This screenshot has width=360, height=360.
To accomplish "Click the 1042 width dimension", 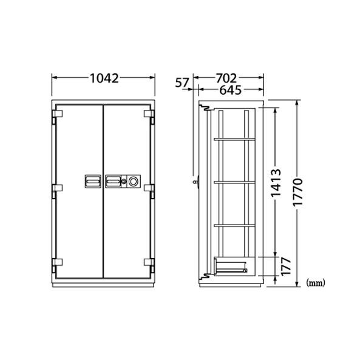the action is pyautogui.click(x=104, y=78).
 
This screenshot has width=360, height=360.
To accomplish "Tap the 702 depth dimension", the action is pyautogui.click(x=226, y=78).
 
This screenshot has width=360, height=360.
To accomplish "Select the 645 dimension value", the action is pyautogui.click(x=231, y=90).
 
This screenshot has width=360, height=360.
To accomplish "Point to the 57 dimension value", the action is pyautogui.click(x=182, y=83).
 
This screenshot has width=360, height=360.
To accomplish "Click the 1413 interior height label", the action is pyautogui.click(x=276, y=183).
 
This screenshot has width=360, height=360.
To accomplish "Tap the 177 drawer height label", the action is pyautogui.click(x=286, y=267).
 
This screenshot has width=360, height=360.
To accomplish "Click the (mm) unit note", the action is pyautogui.click(x=316, y=283).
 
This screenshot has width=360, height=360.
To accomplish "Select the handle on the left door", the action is pyautogui.click(x=93, y=181).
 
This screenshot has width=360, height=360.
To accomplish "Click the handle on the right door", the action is pyautogui.click(x=113, y=181).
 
